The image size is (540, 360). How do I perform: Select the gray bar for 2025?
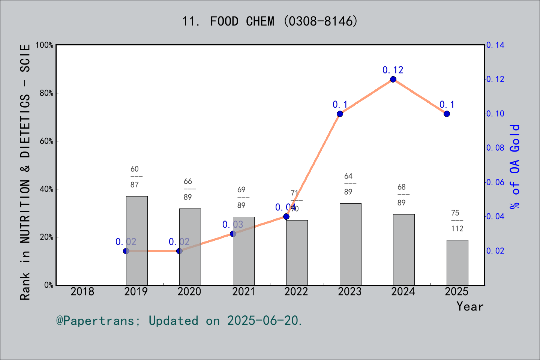[457, 262]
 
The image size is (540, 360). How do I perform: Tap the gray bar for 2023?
[350, 244]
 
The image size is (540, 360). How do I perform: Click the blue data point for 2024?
[393, 79]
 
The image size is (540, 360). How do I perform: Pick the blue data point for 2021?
[233, 234]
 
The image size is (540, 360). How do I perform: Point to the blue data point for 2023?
[340, 114]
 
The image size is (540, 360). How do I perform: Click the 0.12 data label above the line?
[393, 70]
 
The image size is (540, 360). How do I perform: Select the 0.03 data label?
[232, 225]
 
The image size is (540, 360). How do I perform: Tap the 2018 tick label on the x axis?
[82, 291]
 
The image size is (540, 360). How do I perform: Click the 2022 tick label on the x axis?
[296, 291]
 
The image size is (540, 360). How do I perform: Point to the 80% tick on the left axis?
[46, 93]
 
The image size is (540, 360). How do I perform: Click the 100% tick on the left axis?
[44, 45]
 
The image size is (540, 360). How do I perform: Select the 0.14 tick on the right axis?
[495, 45]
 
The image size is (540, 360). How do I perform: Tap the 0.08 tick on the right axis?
[495, 148]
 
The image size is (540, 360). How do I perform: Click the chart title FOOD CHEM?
[270, 21]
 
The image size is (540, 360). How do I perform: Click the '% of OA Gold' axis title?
[515, 167]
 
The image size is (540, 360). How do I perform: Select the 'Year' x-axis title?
[469, 306]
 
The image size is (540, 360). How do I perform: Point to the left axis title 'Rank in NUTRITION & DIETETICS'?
[25, 172]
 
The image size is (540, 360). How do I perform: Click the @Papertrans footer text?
[179, 321]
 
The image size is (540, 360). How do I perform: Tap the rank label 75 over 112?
[457, 221]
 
